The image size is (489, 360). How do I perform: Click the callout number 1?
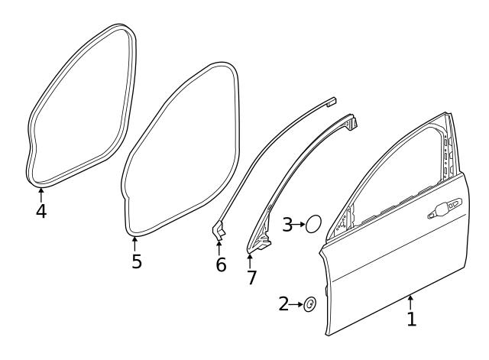tap(412, 319)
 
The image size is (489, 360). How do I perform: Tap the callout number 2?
tap(283, 304)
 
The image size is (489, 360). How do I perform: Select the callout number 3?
tap(287, 224)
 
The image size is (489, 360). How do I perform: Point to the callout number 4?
tap(41, 211)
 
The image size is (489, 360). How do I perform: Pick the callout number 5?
tap(137, 261)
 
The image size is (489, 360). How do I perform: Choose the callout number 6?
tap(221, 264)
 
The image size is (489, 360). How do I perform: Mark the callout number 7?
tap(251, 277)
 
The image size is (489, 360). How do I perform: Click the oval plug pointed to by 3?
tap(313, 224)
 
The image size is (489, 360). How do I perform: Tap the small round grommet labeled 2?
tap(309, 304)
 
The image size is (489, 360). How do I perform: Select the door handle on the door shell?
tap(445, 209)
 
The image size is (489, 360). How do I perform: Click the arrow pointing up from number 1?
tap(411, 303)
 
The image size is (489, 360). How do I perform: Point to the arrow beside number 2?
tap(296, 304)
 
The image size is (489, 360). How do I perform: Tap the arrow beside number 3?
tap(299, 224)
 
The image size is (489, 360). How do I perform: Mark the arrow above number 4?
tap(40, 195)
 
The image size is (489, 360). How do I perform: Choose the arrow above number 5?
tap(134, 245)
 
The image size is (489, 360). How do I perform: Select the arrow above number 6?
tap(219, 248)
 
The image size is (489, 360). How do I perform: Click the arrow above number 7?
tap(250, 261)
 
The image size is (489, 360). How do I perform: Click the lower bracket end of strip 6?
tap(219, 230)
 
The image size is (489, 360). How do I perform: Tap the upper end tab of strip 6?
tap(331, 102)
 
